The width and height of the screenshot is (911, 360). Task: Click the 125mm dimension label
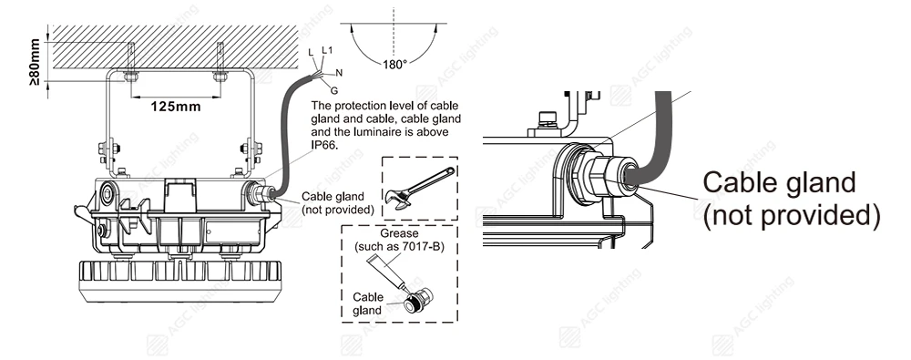coord(175,107)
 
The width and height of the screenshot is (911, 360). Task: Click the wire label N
coord(339,72)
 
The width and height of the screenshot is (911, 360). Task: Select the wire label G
coord(334,90)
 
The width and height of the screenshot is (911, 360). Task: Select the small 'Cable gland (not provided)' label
coord(338,202)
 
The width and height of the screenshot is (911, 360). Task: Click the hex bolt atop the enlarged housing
coord(549,118)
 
